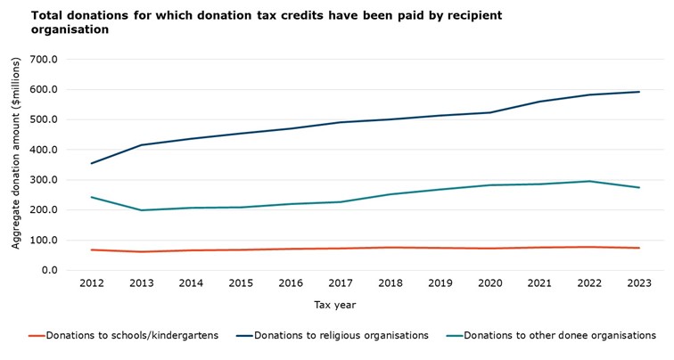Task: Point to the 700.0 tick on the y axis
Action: pyautogui.click(x=45, y=60)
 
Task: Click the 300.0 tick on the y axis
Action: pyautogui.click(x=45, y=180)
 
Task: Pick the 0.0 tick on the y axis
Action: pyautogui.click(x=50, y=270)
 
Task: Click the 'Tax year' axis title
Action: pyautogui.click(x=336, y=305)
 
